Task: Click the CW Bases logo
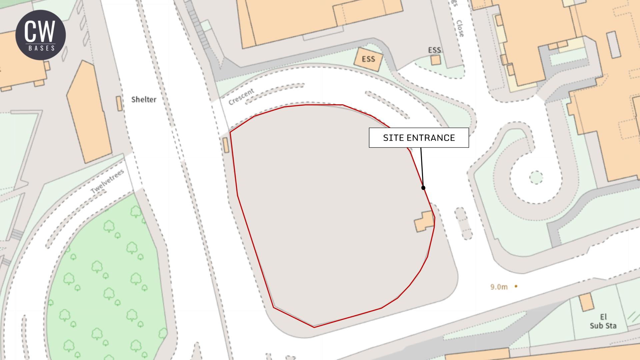(x=40, y=35)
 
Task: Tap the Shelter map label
(x=144, y=99)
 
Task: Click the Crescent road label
(x=241, y=97)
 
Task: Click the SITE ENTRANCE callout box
(x=419, y=138)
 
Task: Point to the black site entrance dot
(x=423, y=188)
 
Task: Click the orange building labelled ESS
(x=368, y=59)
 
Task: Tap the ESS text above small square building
(x=434, y=50)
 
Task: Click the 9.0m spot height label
(x=499, y=287)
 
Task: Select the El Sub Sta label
(x=603, y=321)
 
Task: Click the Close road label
(x=460, y=28)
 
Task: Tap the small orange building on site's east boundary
(x=424, y=221)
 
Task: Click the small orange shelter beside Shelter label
(x=119, y=103)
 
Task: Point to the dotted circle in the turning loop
(x=536, y=177)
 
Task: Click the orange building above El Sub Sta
(x=586, y=302)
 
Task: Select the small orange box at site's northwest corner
(x=226, y=145)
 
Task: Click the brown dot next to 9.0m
(x=516, y=286)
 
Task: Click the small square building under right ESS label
(x=435, y=60)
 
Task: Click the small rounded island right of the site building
(x=463, y=223)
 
